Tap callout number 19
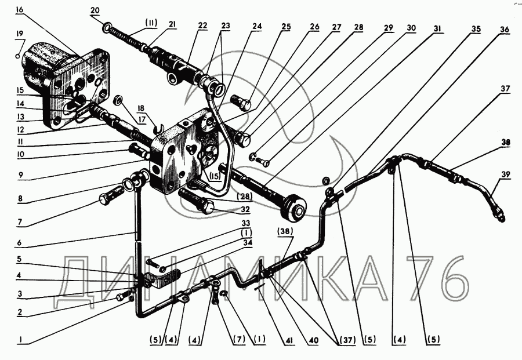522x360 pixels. (x=20, y=33)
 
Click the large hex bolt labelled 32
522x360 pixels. (x=206, y=206)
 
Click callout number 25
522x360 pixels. (x=287, y=27)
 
